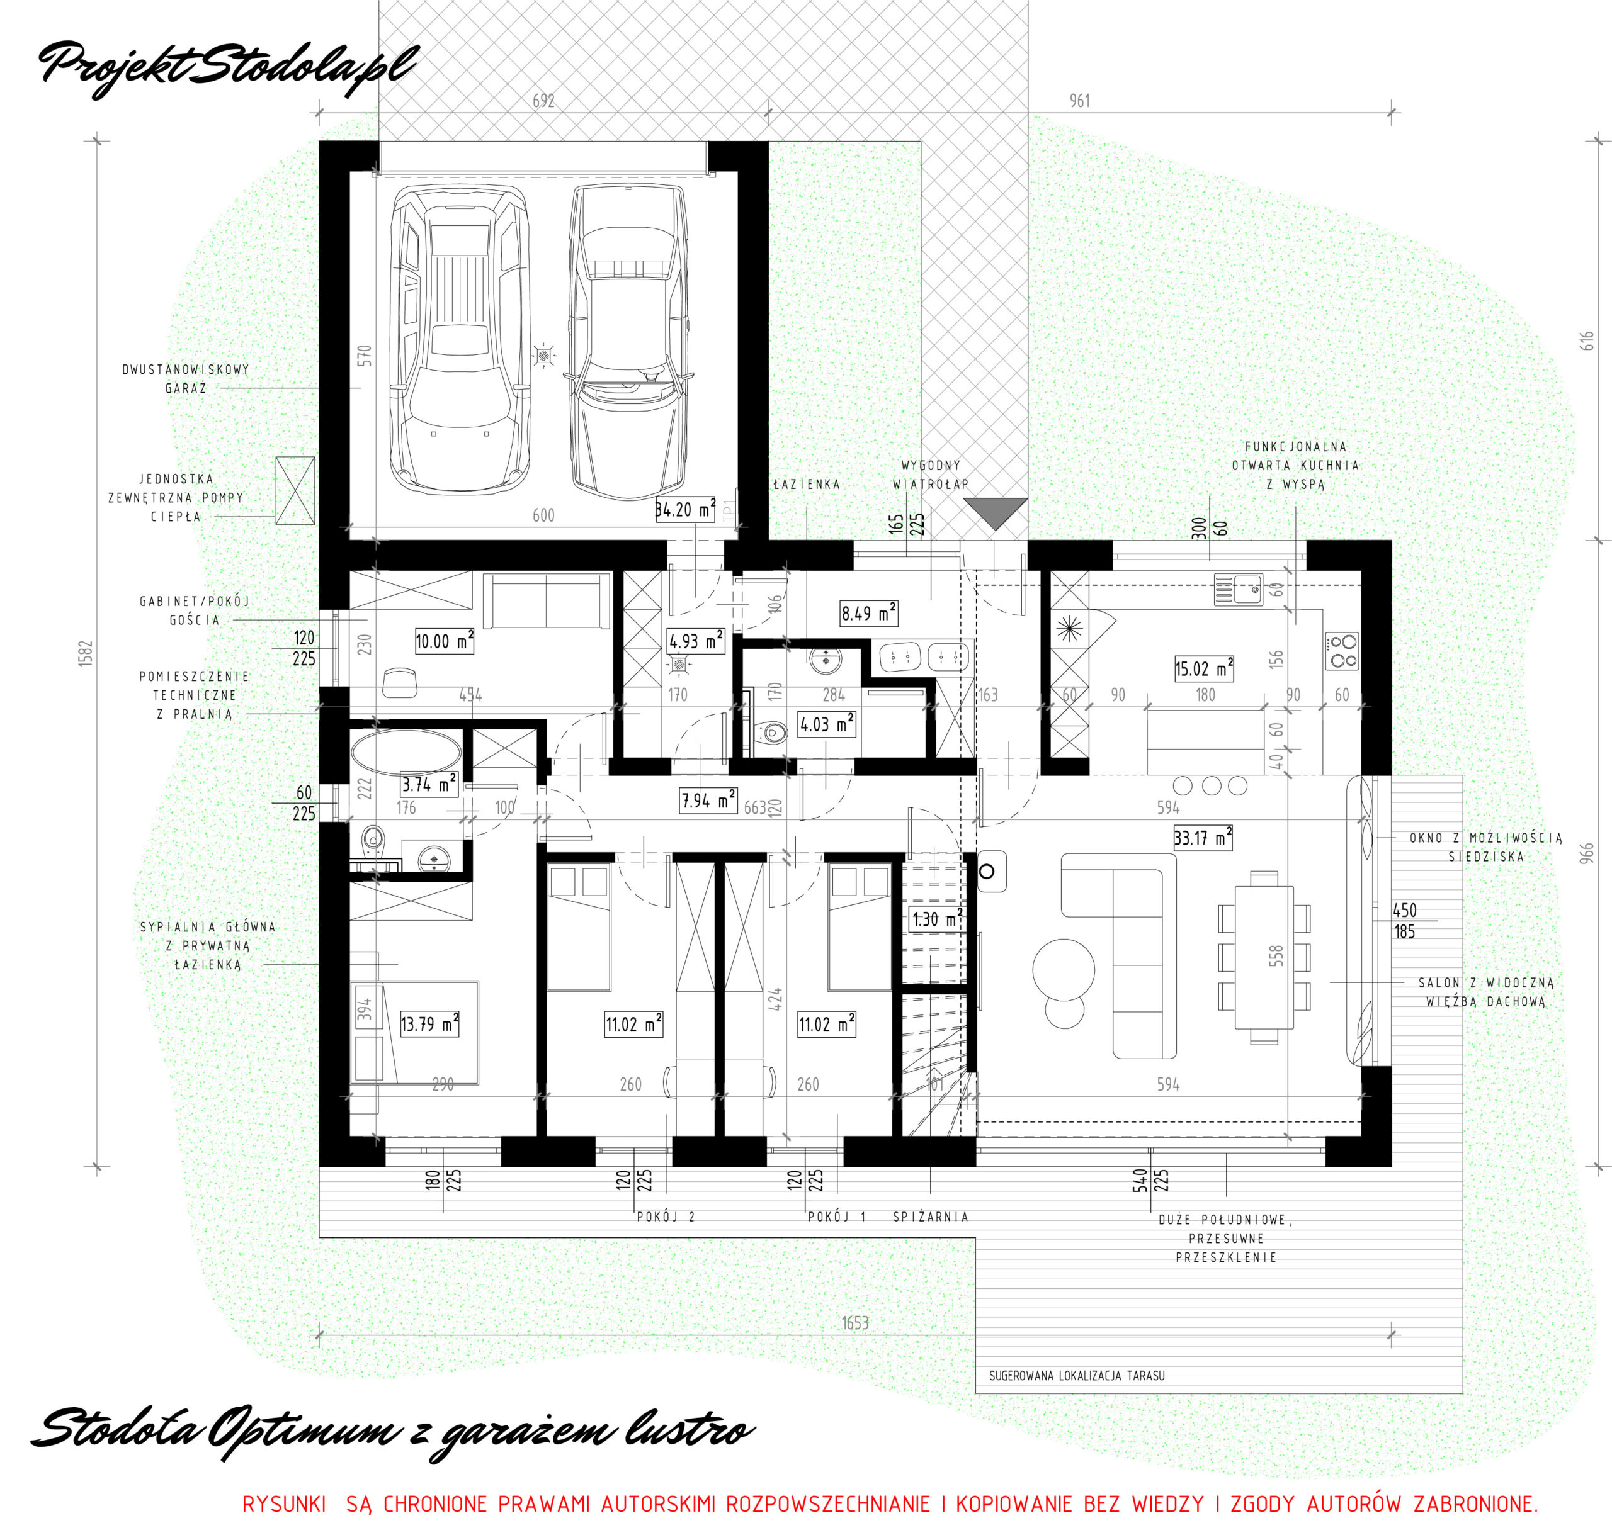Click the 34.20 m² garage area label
tap(685, 510)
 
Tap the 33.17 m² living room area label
tap(1203, 837)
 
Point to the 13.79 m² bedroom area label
tap(429, 1024)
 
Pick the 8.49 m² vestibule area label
tap(869, 613)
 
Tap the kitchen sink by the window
tap(1239, 590)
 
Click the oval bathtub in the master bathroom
tap(406, 752)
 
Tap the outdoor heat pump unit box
tap(295, 490)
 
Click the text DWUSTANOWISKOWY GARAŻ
tap(186, 378)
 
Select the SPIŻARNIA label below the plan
tap(931, 1216)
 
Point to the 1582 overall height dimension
tap(86, 653)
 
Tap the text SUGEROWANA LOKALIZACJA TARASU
tap(1077, 1375)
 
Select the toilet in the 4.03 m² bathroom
tap(771, 733)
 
